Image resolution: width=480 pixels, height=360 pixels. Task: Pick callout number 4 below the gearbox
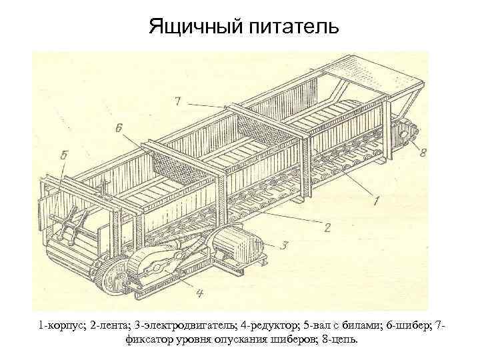pos(200,291)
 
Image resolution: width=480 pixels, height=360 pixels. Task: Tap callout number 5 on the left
pos(63,154)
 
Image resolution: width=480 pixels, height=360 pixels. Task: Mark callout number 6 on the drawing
pos(119,127)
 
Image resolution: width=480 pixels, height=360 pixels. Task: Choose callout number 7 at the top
pos(177,101)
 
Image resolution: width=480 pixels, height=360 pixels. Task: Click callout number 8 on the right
pos(424,153)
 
